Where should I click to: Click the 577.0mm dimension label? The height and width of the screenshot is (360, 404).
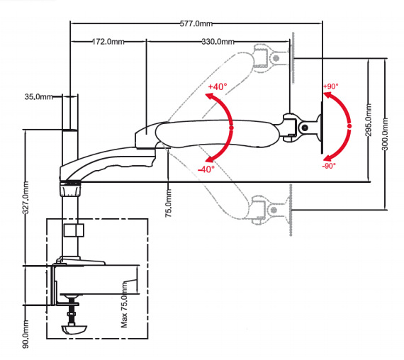(x=196, y=23)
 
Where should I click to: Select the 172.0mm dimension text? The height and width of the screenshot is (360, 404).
(x=108, y=42)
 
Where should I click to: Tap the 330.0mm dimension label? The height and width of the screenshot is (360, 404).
(x=218, y=42)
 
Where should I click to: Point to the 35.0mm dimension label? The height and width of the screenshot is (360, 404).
(x=39, y=97)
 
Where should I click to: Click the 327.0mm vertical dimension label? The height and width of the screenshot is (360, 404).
(x=26, y=198)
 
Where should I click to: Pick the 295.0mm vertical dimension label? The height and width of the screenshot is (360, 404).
(x=369, y=120)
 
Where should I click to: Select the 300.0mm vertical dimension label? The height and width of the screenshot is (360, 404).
(x=385, y=134)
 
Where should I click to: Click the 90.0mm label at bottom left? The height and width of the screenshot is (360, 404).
(x=26, y=334)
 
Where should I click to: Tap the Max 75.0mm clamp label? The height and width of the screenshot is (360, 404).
(x=124, y=305)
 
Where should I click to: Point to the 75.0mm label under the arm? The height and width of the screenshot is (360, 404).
(x=168, y=203)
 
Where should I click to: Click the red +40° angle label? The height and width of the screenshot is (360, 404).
(x=218, y=86)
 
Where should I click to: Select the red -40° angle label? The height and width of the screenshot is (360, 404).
(x=206, y=169)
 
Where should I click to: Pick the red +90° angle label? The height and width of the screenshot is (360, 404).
(x=331, y=86)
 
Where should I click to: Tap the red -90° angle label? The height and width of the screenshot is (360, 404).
(x=329, y=166)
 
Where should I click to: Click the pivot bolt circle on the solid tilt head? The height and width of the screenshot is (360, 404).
(x=305, y=128)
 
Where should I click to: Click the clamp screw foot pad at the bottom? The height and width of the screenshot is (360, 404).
(x=74, y=330)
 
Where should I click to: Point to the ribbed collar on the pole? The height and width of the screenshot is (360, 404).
(x=70, y=190)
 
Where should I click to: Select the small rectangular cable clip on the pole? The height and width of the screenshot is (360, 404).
(x=74, y=230)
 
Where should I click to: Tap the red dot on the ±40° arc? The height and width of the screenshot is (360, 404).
(x=231, y=128)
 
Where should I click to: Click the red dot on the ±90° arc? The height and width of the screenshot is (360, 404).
(x=349, y=126)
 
